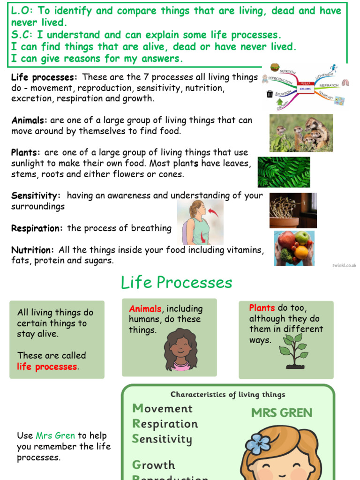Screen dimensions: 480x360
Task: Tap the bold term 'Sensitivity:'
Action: tap(36, 195)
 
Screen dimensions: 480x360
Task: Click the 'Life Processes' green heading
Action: tap(176, 283)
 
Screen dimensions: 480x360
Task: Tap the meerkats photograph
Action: tap(301, 133)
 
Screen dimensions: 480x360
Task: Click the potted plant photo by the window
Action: tap(293, 210)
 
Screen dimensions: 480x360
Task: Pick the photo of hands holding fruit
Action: tap(294, 248)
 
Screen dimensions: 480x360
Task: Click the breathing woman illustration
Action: tap(200, 222)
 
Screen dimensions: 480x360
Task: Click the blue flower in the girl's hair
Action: tap(258, 443)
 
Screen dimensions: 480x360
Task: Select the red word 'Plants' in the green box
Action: tap(262, 308)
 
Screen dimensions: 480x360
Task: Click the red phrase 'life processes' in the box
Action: tap(47, 367)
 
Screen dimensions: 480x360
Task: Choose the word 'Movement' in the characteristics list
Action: tap(162, 408)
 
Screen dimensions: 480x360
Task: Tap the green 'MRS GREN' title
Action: tap(281, 412)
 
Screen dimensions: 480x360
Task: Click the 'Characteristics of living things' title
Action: tap(227, 395)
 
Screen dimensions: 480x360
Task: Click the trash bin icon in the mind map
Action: tap(270, 94)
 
